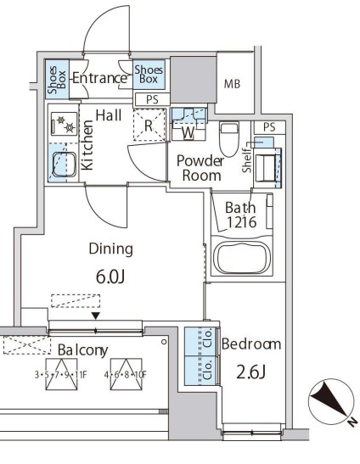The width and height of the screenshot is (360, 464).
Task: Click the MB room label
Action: coord(232,84)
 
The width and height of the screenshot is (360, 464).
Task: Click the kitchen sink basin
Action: coord(64,165)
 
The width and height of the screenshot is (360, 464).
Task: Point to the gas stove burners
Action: coord(65,124)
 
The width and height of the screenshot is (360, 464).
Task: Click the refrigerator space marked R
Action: coord(149,125)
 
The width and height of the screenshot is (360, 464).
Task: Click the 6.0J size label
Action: coord(110,277)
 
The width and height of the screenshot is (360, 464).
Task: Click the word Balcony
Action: coord(83,350)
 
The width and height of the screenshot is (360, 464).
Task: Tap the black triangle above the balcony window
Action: coord(96,316)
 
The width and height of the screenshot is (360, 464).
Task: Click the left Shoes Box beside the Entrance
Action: coord(57,79)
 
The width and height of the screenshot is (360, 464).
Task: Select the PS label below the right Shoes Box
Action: coord(152,99)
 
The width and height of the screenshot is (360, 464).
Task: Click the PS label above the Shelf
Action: coord(269,127)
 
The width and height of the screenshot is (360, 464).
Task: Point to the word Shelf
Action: coord(247,160)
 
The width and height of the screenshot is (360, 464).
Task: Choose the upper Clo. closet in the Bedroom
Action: coord(202,341)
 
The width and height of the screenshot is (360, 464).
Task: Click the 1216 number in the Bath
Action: coord(241,222)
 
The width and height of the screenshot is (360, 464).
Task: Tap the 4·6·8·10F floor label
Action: coord(126,375)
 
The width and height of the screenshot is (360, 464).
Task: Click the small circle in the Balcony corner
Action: coord(164,342)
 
